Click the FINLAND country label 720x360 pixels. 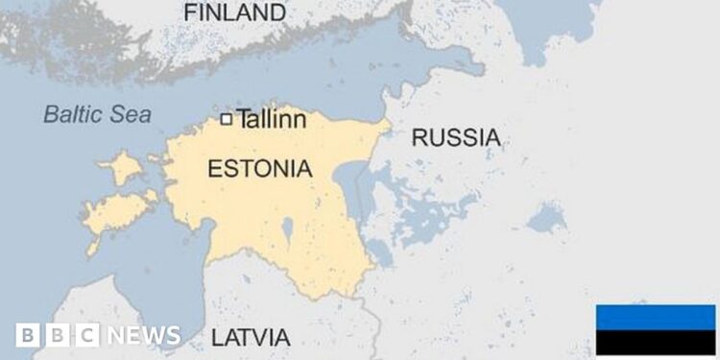point(234,13)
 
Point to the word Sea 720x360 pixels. point(132,114)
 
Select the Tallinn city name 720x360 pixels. point(272,120)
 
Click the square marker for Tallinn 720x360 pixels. point(227,119)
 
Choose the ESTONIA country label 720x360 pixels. point(259,170)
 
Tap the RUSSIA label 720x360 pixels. point(455,138)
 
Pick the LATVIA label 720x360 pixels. point(250,338)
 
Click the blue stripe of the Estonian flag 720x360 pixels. point(656,316)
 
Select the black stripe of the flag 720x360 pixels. point(656,342)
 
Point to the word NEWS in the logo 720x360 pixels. point(143,335)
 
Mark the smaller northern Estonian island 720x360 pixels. point(122,169)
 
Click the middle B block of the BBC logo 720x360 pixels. point(57,335)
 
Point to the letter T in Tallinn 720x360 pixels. point(243,120)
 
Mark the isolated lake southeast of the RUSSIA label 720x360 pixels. point(546,218)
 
